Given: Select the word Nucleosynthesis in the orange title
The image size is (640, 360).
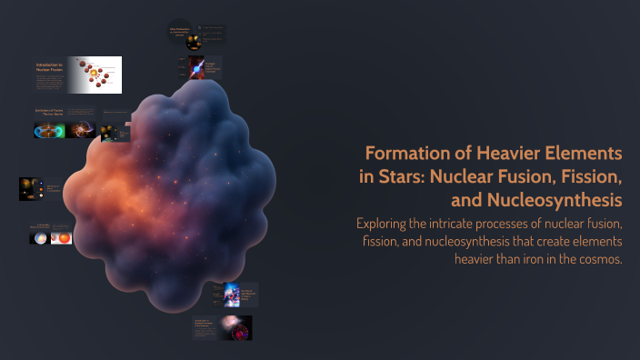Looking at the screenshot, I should click(x=555, y=198).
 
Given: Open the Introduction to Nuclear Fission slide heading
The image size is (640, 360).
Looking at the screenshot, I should click(x=54, y=68).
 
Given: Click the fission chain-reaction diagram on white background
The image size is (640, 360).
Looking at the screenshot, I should click(x=97, y=75).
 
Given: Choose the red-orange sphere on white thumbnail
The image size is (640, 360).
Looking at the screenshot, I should click(x=63, y=237).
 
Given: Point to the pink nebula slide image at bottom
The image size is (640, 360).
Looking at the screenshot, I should click(x=235, y=327).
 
